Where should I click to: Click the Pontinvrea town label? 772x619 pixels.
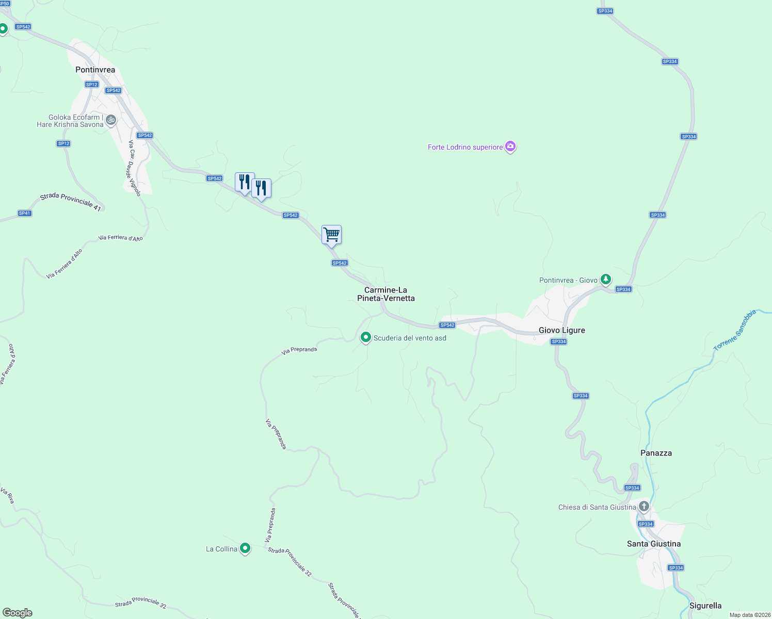[95, 70]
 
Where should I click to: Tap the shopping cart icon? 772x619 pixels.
[331, 235]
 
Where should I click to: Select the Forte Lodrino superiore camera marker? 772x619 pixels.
[510, 147]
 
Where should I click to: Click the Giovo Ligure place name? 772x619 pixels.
[561, 330]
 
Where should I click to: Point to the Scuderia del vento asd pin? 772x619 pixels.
[366, 337]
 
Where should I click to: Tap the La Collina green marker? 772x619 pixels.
[246, 548]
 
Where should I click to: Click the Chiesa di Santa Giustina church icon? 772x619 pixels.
[644, 507]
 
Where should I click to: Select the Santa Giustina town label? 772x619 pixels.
[653, 544]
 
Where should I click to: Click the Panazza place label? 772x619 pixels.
[656, 453]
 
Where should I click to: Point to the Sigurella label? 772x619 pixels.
[705, 606]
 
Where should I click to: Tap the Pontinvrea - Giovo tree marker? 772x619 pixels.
[606, 280]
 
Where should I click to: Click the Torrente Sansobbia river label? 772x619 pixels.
[735, 331]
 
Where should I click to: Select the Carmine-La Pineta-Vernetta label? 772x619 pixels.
[386, 294]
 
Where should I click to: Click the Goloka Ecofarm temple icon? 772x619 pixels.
[110, 121]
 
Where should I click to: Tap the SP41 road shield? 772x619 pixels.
[24, 213]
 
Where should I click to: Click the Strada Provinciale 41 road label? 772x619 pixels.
[70, 201]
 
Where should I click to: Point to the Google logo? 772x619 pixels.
[17, 613]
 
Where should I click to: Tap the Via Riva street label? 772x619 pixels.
[7, 495]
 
